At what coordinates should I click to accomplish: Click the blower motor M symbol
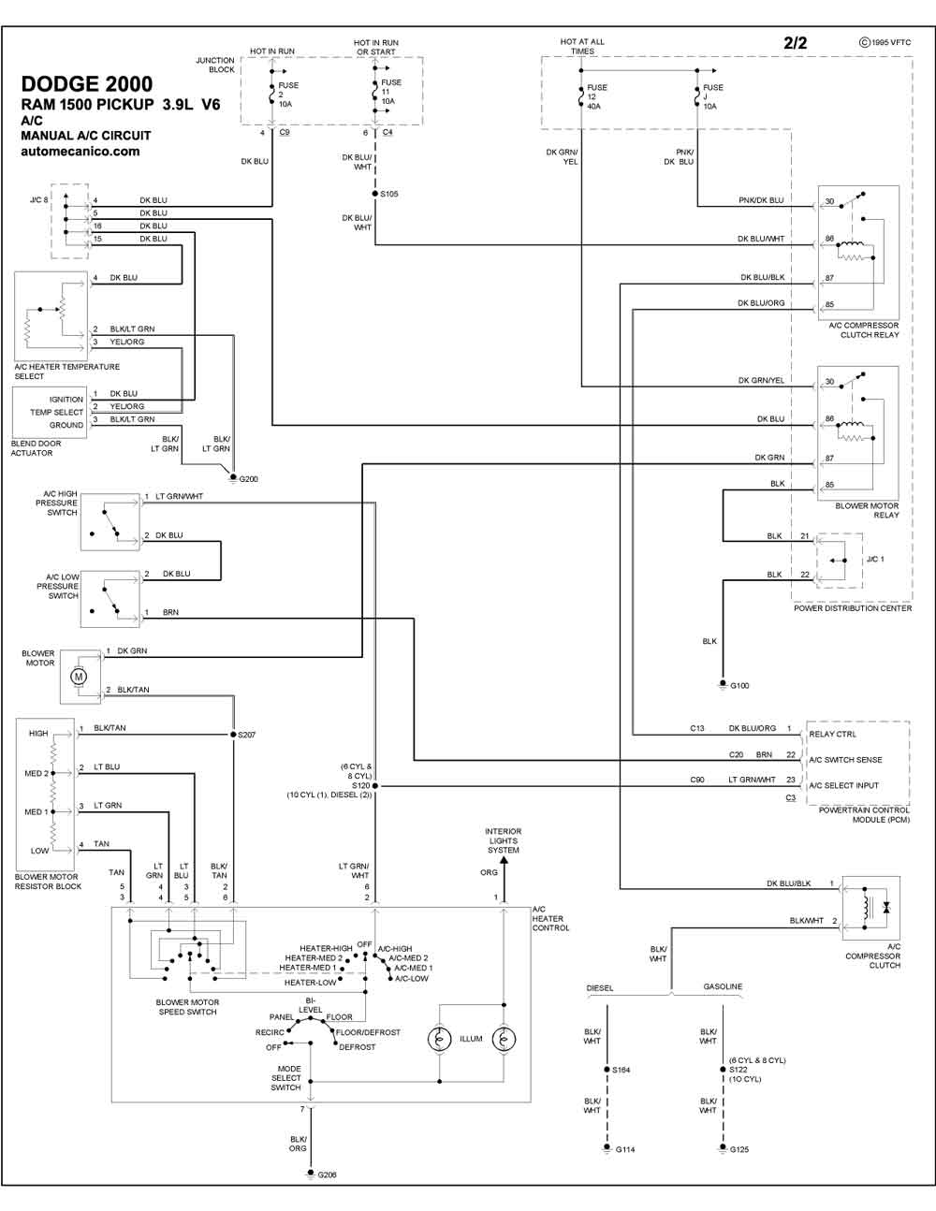pos(79,677)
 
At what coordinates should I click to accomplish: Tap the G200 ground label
pos(248,479)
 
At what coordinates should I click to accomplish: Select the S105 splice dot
pos(375,194)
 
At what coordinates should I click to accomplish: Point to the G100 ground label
pos(739,685)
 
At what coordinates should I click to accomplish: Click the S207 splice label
pos(246,735)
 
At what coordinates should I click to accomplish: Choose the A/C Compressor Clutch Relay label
pos(864,330)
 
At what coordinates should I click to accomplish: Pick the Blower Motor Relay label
pos(867,510)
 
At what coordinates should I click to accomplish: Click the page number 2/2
pos(795,43)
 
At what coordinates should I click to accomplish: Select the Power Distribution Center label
pos(853,608)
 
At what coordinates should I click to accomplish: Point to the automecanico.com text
pos(80,152)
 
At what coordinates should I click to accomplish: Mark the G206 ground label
pos(327,1175)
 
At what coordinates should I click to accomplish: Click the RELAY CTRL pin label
pos(832,734)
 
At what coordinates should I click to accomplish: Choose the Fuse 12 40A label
pos(597,96)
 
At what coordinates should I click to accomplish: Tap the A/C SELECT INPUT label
pos(843,785)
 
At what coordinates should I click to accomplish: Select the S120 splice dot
pos(375,786)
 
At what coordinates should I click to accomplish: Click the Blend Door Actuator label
pos(36,448)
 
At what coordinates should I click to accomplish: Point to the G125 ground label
pos(739,1149)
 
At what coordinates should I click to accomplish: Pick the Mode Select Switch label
pos(286,1078)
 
